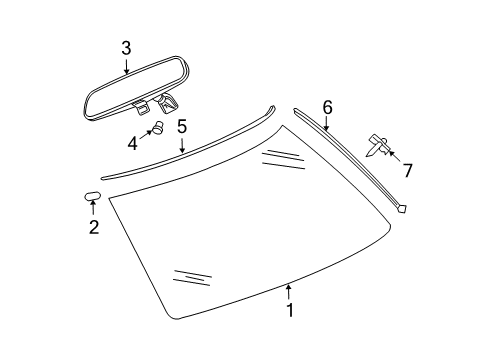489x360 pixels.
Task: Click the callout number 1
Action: click(x=291, y=311)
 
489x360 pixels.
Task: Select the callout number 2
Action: click(x=93, y=228)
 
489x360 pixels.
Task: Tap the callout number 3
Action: click(x=127, y=47)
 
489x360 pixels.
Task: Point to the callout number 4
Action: click(x=133, y=142)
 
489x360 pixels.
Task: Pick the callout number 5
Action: click(x=182, y=127)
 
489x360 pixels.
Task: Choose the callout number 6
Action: click(x=326, y=105)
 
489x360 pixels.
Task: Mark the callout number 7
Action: click(x=406, y=162)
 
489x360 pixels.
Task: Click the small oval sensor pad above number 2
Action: click(x=91, y=193)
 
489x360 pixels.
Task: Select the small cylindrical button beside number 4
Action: click(x=157, y=127)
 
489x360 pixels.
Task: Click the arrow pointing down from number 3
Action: click(x=127, y=67)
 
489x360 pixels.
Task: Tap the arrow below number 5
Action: click(x=182, y=147)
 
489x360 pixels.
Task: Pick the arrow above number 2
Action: click(x=93, y=208)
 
